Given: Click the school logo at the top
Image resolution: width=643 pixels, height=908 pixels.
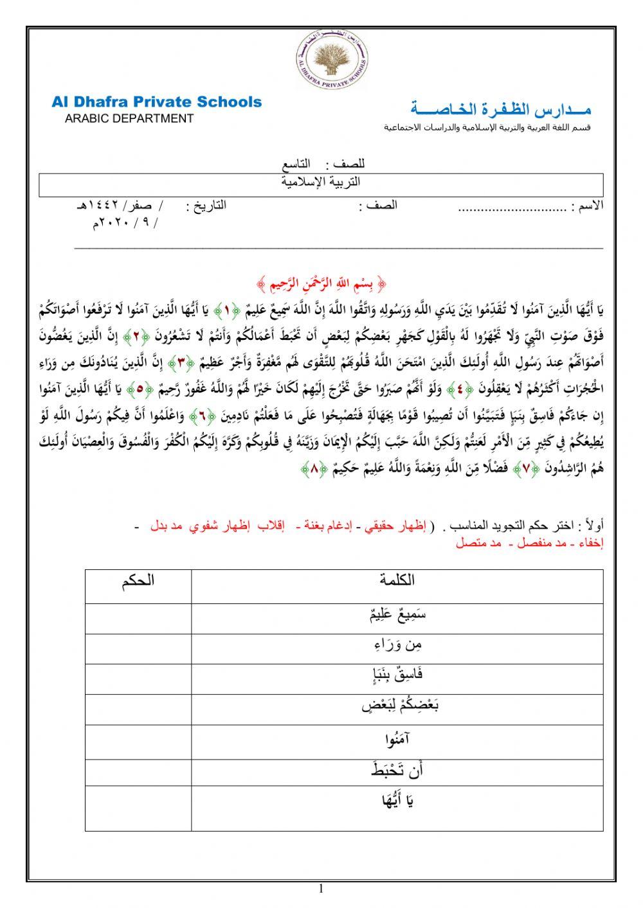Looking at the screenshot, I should point(332,58).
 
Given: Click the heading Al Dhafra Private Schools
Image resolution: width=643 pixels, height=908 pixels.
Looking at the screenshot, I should point(157,102).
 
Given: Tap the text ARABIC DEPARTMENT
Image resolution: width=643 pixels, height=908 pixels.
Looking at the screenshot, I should point(129,119).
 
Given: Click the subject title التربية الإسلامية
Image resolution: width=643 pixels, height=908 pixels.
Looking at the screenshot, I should point(321,182).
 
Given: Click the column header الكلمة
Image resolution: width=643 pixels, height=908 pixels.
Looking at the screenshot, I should point(397,581).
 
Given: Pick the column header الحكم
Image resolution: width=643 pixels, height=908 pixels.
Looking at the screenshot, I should point(138,581).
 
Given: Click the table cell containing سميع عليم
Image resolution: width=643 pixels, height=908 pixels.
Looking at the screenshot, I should point(397,614).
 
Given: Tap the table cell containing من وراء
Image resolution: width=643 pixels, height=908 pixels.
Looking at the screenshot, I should point(397,645).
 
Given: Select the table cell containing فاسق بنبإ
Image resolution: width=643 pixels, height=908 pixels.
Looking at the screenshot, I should point(397,675).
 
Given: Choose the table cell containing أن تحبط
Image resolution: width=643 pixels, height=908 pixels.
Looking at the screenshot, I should point(397,770).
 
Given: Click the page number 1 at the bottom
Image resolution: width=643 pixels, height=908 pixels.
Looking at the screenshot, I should point(321,889).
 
